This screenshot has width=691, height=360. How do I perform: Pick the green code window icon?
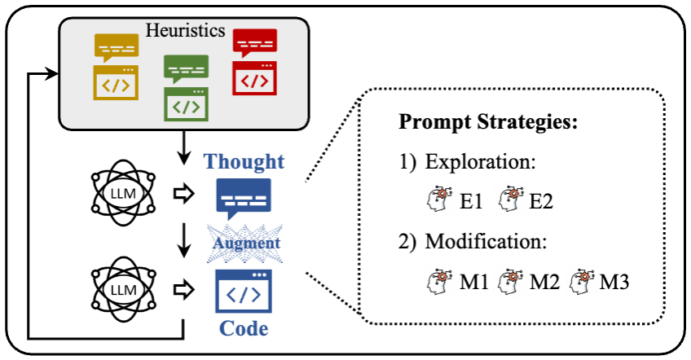[x=187, y=105]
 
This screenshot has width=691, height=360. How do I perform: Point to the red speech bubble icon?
[x=254, y=43]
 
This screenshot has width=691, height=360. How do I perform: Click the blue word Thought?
[x=244, y=161]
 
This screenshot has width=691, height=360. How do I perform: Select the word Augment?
[x=244, y=243]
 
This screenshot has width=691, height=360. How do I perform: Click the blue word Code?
[x=244, y=330]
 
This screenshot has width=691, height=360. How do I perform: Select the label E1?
[x=472, y=200]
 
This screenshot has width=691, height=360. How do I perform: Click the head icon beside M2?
[x=513, y=283]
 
